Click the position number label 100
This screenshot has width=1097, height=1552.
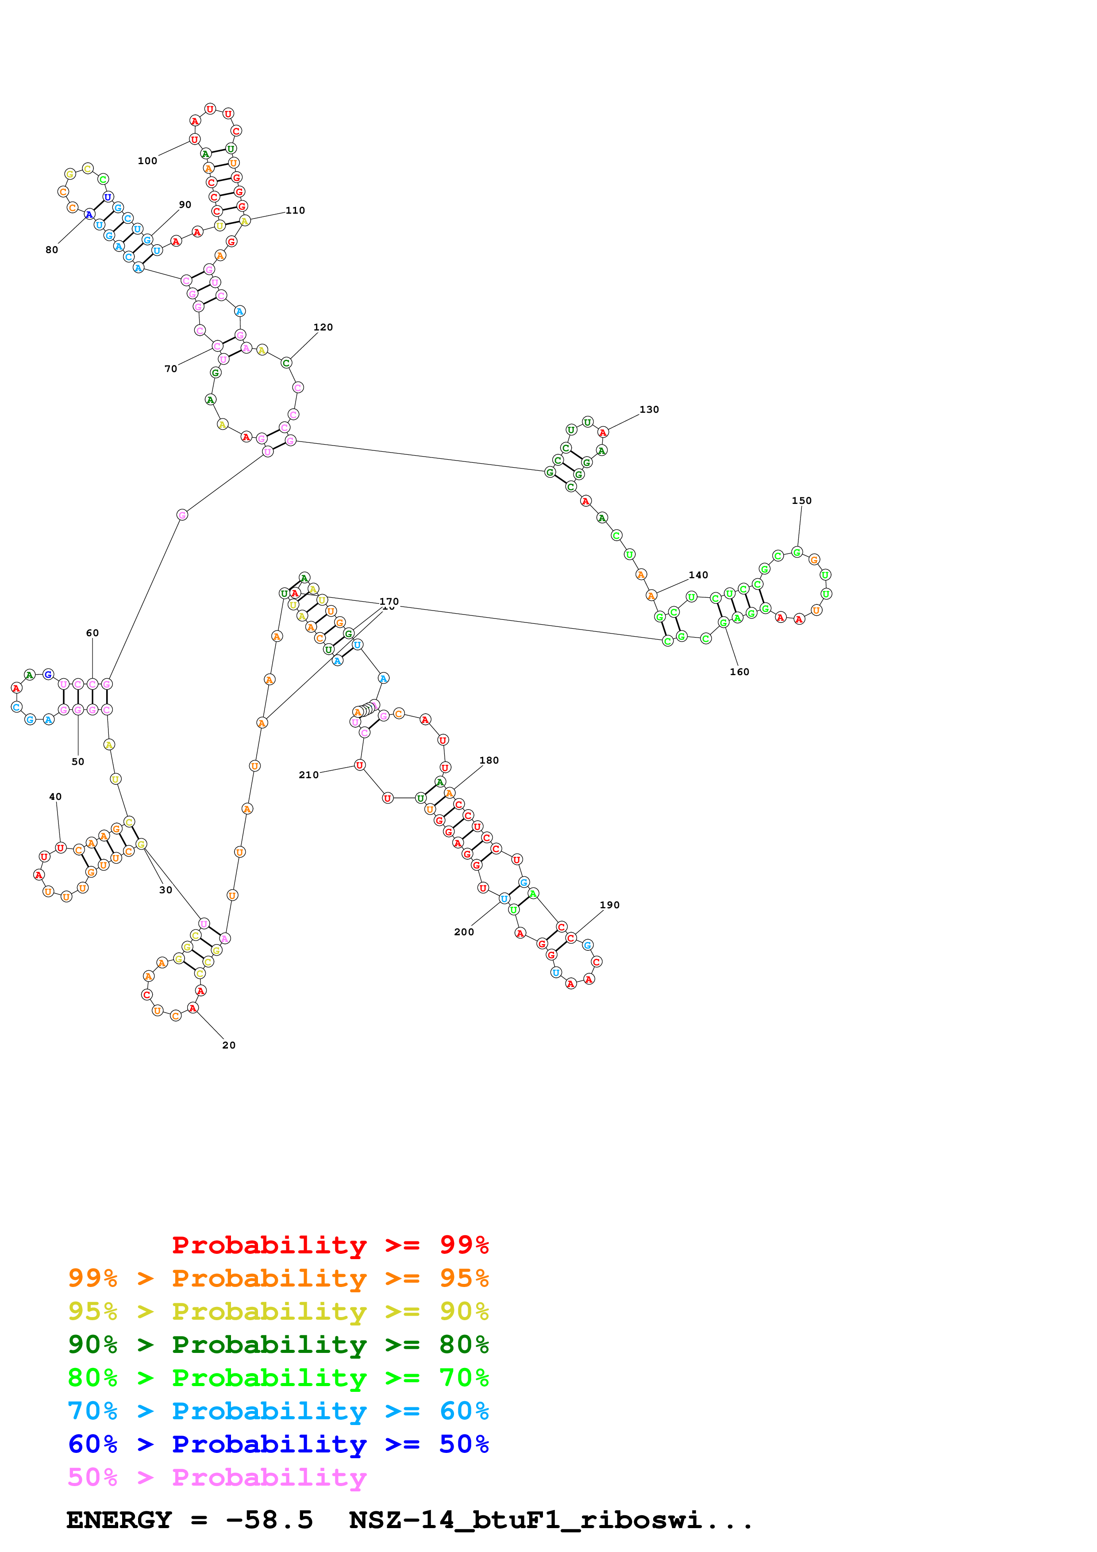[147, 161]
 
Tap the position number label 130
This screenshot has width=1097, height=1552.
[649, 410]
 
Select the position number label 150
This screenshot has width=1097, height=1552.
[802, 501]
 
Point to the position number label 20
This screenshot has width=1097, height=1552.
[229, 1045]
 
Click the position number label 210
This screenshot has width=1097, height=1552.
[309, 775]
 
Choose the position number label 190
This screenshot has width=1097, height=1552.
[610, 905]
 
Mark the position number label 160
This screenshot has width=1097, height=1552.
[739, 672]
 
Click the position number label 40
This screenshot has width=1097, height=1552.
[55, 797]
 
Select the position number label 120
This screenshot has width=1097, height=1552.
[323, 327]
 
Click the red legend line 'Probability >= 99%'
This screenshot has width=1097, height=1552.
[330, 1245]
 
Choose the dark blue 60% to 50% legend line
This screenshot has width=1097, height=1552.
[278, 1444]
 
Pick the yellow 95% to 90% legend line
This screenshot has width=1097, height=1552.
[278, 1311]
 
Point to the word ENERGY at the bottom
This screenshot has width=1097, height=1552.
[119, 1520]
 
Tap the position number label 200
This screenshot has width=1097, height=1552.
[464, 932]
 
